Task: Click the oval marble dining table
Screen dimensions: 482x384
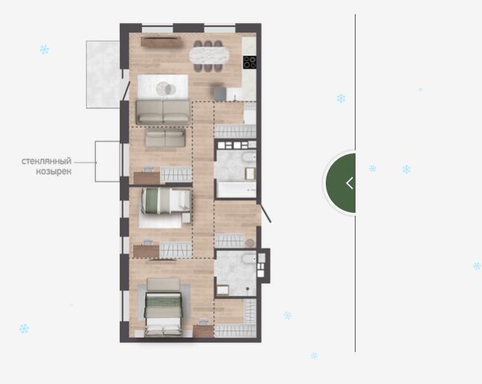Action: coord(209,56)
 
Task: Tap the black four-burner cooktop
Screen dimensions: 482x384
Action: coord(250,62)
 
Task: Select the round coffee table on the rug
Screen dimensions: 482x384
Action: coord(166,89)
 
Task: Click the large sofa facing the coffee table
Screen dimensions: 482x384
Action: coord(163,112)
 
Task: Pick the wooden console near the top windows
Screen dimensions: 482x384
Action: coord(160,42)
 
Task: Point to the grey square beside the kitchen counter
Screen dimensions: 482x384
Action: coord(220,94)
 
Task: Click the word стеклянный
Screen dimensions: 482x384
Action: coord(46,161)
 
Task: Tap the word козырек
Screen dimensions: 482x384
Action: coord(54,171)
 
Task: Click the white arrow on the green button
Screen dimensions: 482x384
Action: coord(349,183)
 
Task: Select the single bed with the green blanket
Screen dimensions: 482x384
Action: coord(166,201)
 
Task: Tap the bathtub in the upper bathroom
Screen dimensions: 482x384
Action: coord(236,189)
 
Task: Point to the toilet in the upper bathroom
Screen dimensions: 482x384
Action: coord(249,158)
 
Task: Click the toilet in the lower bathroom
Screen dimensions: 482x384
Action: coord(249,259)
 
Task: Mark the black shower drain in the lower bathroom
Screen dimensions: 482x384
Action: coord(248,289)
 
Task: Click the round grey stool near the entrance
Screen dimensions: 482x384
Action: coord(250,243)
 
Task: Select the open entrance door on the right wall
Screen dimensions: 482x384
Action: coord(265,211)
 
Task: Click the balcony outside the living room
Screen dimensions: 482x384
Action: coord(103,74)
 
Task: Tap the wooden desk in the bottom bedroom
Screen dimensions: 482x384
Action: coord(203,331)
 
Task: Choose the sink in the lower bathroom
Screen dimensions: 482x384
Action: coord(222,290)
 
